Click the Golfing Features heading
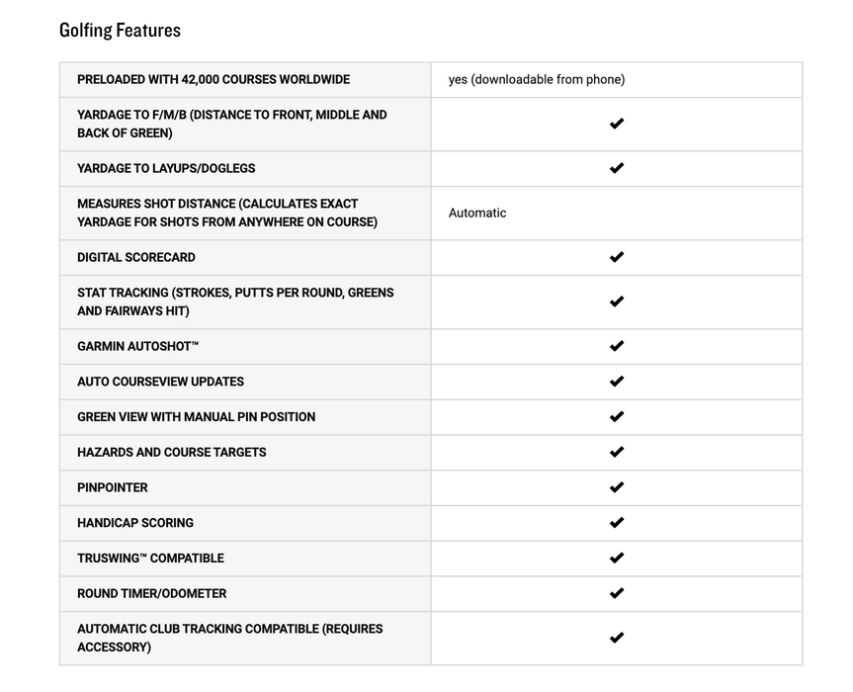click(x=120, y=30)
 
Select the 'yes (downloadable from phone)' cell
click(x=536, y=79)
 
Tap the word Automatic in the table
click(x=477, y=213)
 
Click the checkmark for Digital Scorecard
click(x=617, y=257)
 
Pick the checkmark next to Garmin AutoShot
click(x=617, y=346)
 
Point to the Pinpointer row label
click(x=113, y=487)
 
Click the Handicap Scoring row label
click(x=135, y=523)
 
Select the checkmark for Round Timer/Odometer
click(x=617, y=593)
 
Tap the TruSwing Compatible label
click(x=150, y=559)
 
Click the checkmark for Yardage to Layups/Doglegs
click(x=617, y=168)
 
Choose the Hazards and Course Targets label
click(x=172, y=452)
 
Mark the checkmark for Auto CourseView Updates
click(x=617, y=382)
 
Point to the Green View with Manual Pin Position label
click(x=197, y=417)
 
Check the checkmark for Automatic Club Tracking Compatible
click(x=617, y=638)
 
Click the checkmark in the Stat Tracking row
click(x=617, y=302)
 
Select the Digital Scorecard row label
click(x=136, y=257)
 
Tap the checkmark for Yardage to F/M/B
click(x=617, y=124)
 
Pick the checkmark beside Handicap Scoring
click(x=617, y=523)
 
